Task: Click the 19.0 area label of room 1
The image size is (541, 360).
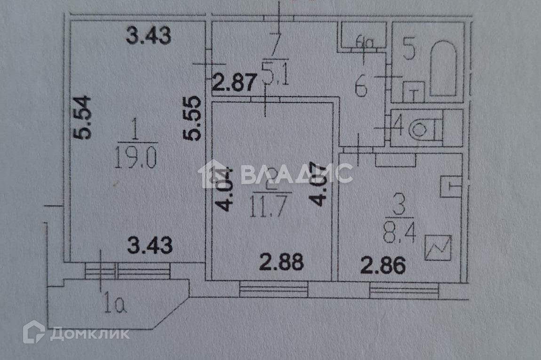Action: [135, 159]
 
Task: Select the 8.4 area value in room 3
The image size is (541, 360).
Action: [400, 234]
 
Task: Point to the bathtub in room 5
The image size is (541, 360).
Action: [443, 69]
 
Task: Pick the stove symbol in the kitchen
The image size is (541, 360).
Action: [438, 248]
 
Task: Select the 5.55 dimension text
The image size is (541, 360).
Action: [193, 119]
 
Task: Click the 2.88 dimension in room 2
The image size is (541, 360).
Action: [282, 262]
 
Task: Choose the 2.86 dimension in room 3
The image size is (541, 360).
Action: [382, 266]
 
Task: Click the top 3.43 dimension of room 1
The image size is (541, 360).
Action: [148, 36]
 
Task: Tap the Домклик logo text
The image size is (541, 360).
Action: [89, 334]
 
